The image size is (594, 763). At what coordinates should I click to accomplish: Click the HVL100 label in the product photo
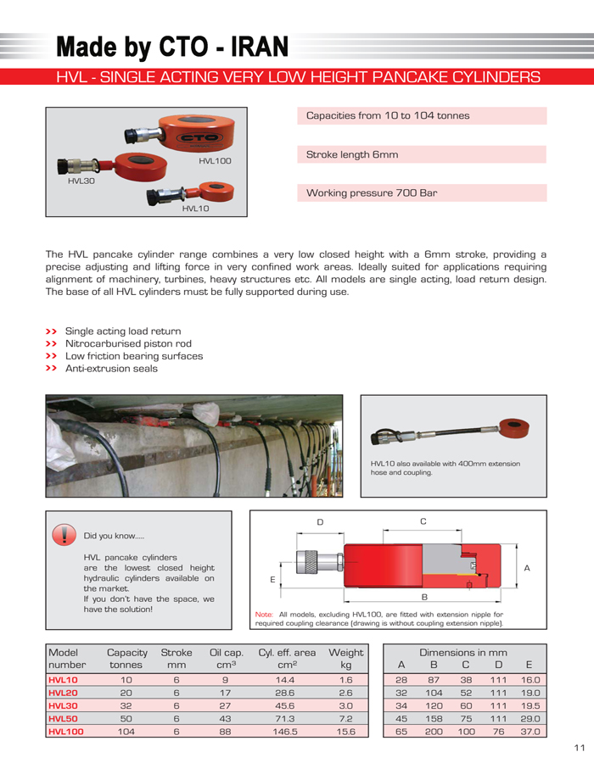(215, 160)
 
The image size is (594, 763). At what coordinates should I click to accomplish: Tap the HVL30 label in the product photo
(81, 181)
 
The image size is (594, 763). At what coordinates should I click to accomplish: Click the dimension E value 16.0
(530, 680)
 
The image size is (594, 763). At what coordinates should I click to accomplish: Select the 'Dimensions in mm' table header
(463, 652)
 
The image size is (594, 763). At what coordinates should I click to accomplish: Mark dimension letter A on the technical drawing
(528, 568)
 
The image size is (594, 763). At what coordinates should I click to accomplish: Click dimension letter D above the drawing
(321, 522)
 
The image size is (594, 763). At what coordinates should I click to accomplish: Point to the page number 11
(580, 747)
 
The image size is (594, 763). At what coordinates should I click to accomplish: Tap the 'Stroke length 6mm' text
(351, 154)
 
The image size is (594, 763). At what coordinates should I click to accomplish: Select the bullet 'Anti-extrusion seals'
(111, 369)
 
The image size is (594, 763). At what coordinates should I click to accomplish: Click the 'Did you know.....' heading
(114, 536)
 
